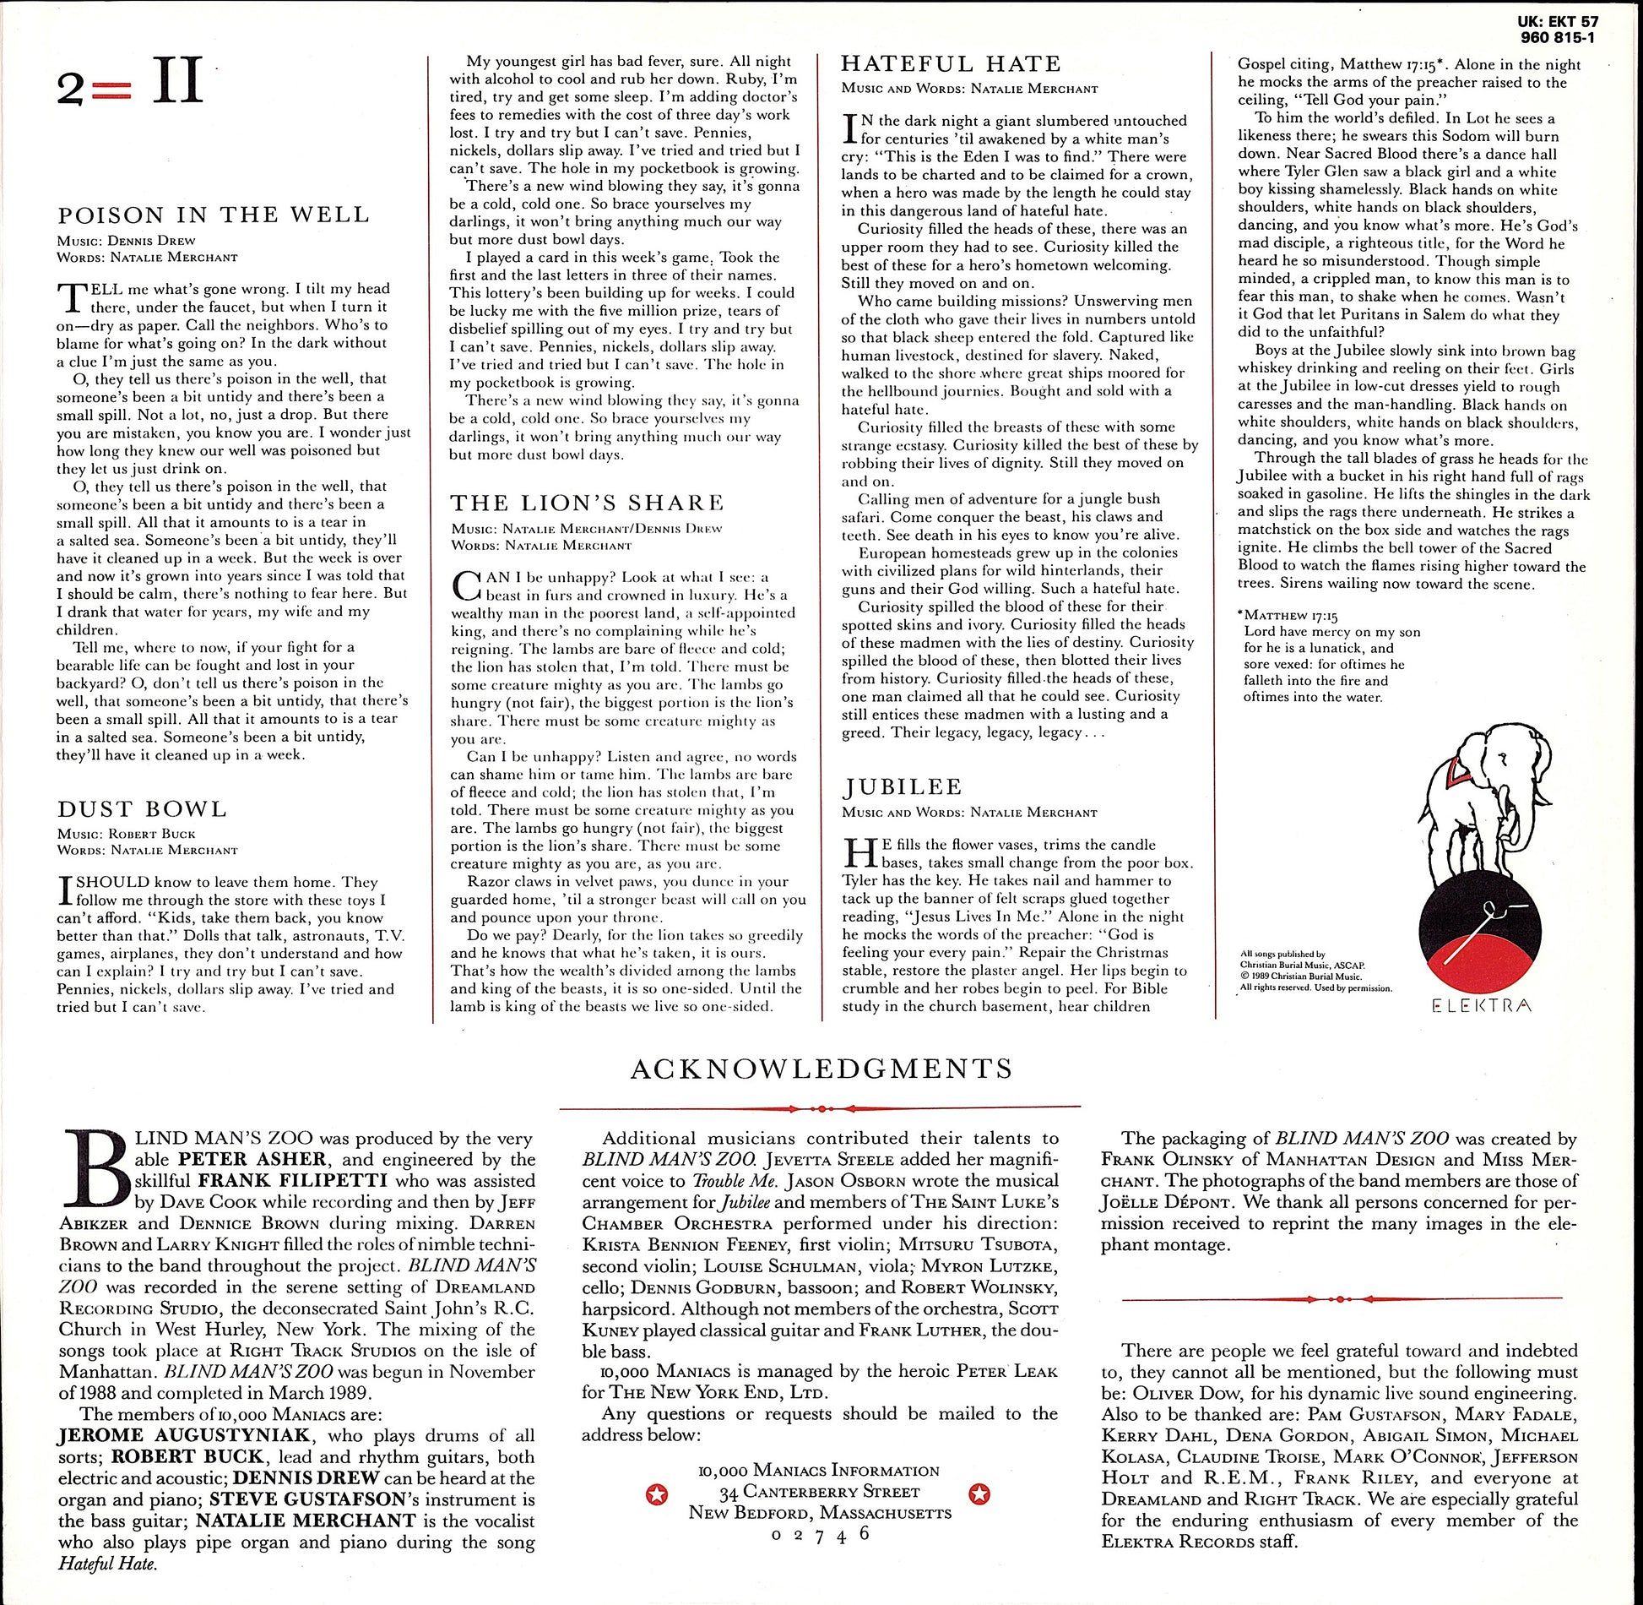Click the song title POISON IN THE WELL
tap(213, 215)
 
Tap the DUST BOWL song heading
tap(142, 809)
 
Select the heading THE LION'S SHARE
tap(587, 503)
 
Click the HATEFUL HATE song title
tap(951, 64)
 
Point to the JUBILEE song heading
tap(902, 787)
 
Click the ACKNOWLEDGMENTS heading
tap(821, 1069)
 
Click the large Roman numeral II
tap(177, 83)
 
